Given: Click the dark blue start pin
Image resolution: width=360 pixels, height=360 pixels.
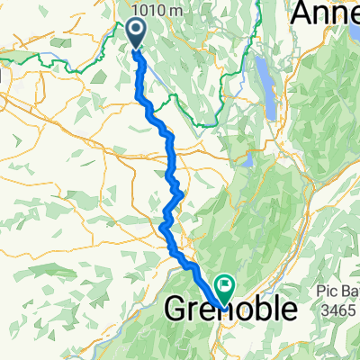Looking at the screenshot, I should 136,33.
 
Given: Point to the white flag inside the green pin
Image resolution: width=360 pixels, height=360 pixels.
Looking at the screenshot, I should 222,286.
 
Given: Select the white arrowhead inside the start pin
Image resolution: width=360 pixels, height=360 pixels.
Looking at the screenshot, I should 136,32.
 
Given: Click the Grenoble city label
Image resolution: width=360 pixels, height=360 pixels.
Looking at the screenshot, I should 231,310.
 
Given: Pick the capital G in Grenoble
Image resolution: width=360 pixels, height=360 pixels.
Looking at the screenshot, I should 177,310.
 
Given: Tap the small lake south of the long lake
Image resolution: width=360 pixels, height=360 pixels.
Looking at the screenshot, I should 247,161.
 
